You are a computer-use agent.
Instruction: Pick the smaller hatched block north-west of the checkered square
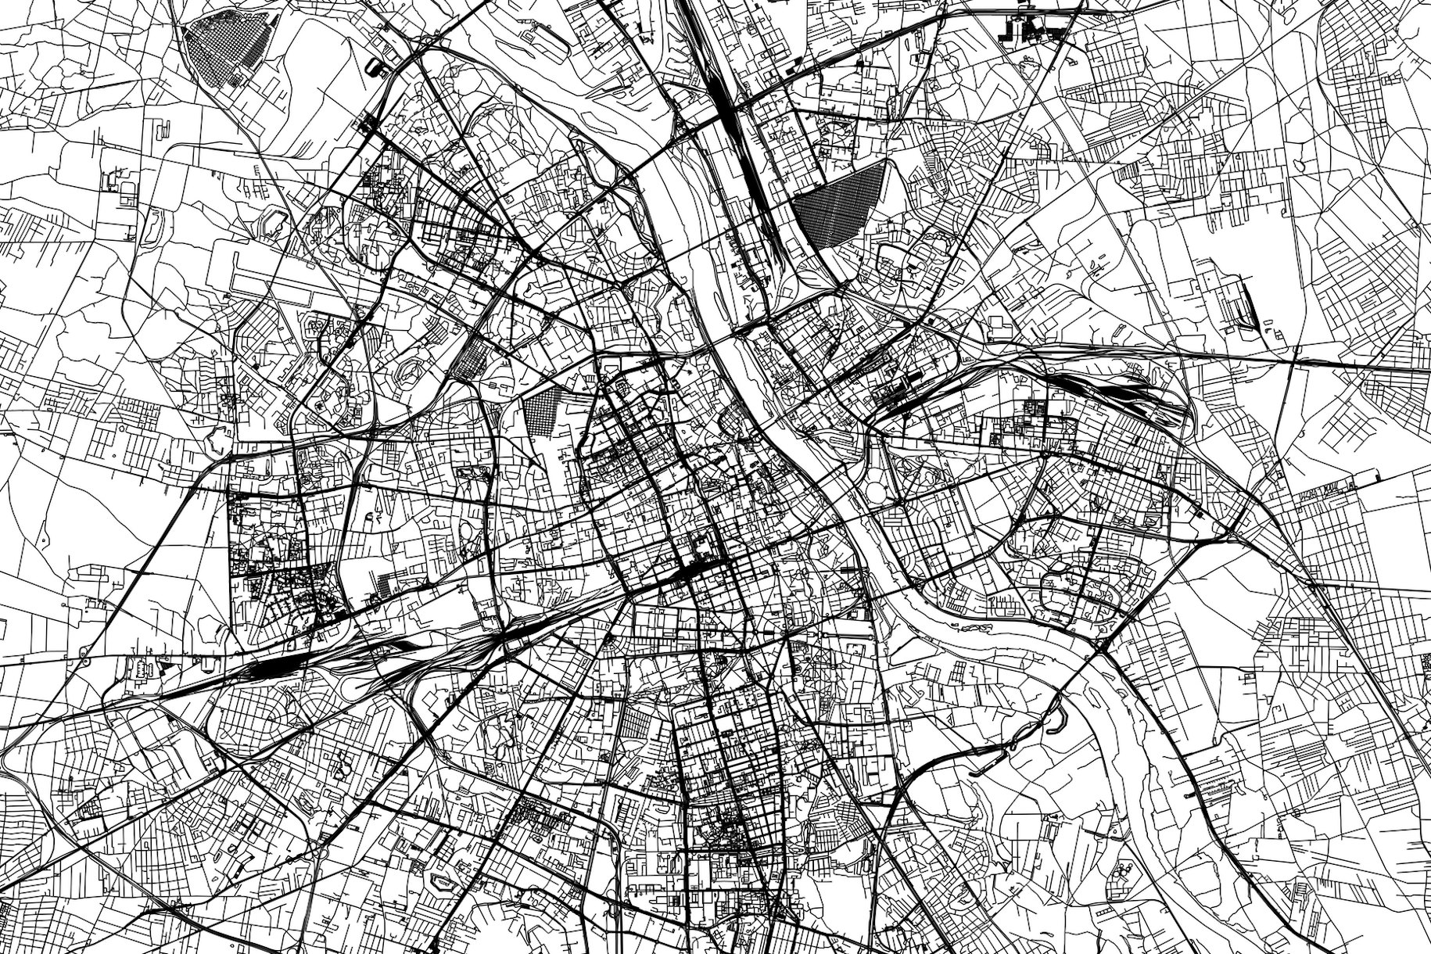(472, 360)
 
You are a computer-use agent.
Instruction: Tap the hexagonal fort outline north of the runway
(274, 222)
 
